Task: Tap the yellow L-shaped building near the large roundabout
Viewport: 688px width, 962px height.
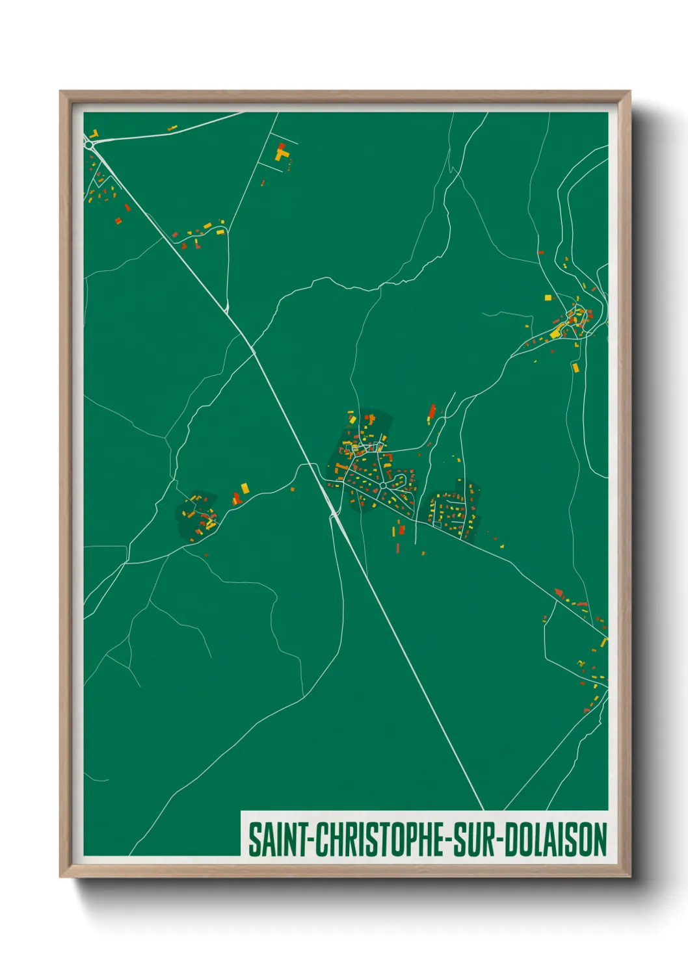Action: tap(94, 134)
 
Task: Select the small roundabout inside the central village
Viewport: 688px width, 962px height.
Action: tap(383, 486)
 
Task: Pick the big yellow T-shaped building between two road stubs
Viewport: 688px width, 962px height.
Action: tap(281, 155)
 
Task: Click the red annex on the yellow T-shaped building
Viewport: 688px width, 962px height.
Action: tap(281, 146)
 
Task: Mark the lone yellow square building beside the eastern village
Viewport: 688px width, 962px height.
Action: tap(548, 298)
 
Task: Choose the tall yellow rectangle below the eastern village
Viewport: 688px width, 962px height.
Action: tap(575, 368)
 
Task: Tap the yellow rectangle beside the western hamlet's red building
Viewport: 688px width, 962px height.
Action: tap(245, 487)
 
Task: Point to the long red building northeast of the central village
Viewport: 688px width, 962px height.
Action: tap(432, 411)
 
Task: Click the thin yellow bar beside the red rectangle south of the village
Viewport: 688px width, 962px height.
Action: tap(395, 531)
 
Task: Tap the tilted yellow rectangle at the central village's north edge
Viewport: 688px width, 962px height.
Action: tap(352, 420)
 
